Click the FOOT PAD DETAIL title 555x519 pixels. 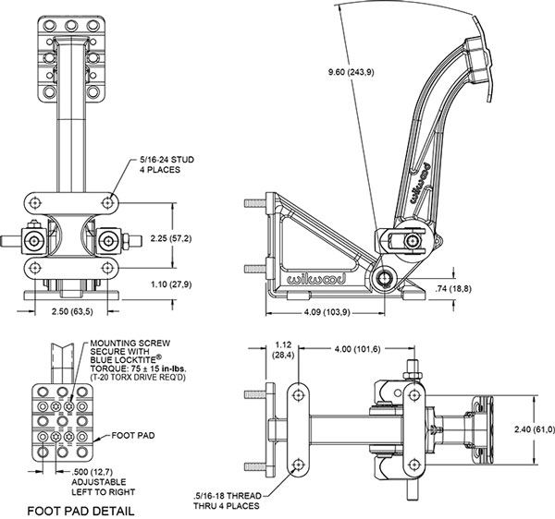point(81,510)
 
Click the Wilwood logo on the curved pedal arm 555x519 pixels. point(419,183)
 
